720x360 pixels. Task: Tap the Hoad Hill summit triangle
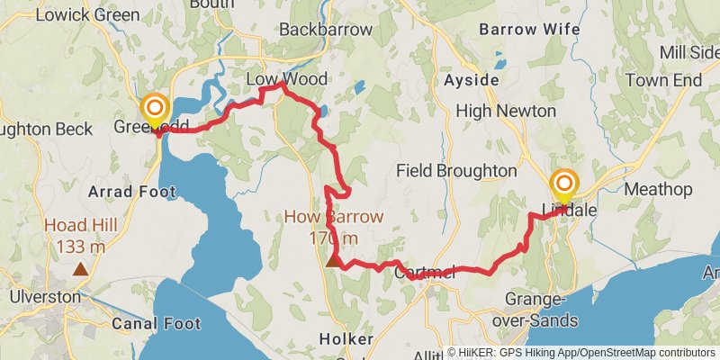click(x=81, y=268)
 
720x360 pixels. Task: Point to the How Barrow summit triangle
click(x=333, y=261)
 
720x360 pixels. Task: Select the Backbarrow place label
click(x=325, y=30)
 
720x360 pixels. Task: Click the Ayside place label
click(x=472, y=80)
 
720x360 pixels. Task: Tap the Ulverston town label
click(x=45, y=296)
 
